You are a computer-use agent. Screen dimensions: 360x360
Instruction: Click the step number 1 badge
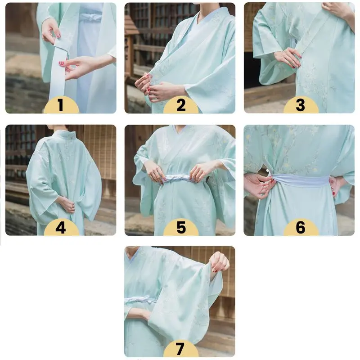tap(61, 105)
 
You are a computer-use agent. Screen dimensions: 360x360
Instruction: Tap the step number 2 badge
tap(181, 105)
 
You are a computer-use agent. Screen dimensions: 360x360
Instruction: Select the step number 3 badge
tap(301, 105)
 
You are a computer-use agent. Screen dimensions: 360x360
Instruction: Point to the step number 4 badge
tap(61, 227)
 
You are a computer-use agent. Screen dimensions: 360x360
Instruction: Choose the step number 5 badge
tap(181, 227)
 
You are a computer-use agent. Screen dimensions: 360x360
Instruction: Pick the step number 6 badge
tap(301, 227)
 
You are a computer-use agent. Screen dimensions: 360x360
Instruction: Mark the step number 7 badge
tap(181, 348)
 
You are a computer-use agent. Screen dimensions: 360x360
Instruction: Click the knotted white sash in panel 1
tap(91, 17)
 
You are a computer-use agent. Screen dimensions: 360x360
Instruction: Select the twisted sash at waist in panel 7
tap(140, 300)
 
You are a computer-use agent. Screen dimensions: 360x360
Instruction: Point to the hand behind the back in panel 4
tap(67, 204)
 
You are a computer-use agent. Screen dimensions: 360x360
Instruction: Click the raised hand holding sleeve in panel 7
tap(219, 262)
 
